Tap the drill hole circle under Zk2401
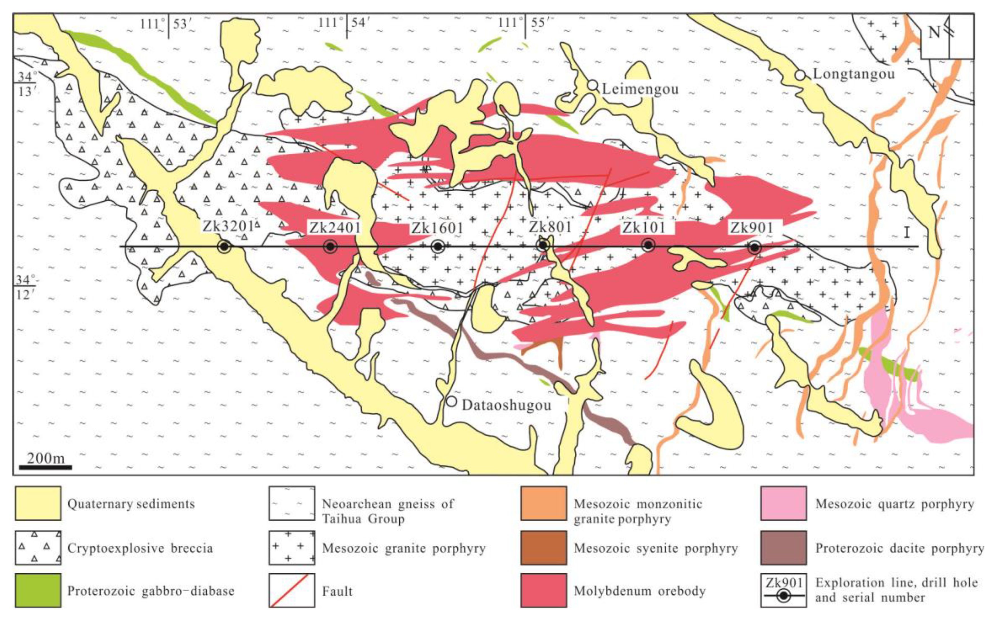tap(330, 247)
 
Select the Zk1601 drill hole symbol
tap(438, 247)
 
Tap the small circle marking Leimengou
tap(592, 85)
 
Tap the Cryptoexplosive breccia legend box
tap(38, 548)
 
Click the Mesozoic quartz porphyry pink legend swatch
tap(783, 504)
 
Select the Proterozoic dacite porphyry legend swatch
tap(783, 548)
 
